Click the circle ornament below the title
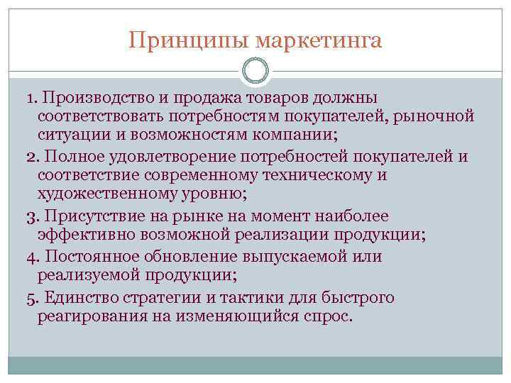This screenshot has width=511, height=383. tap(255, 70)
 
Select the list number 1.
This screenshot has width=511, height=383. tap(26, 96)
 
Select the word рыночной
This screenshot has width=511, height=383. tap(435, 115)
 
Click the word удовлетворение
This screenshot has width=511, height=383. tap(158, 156)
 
